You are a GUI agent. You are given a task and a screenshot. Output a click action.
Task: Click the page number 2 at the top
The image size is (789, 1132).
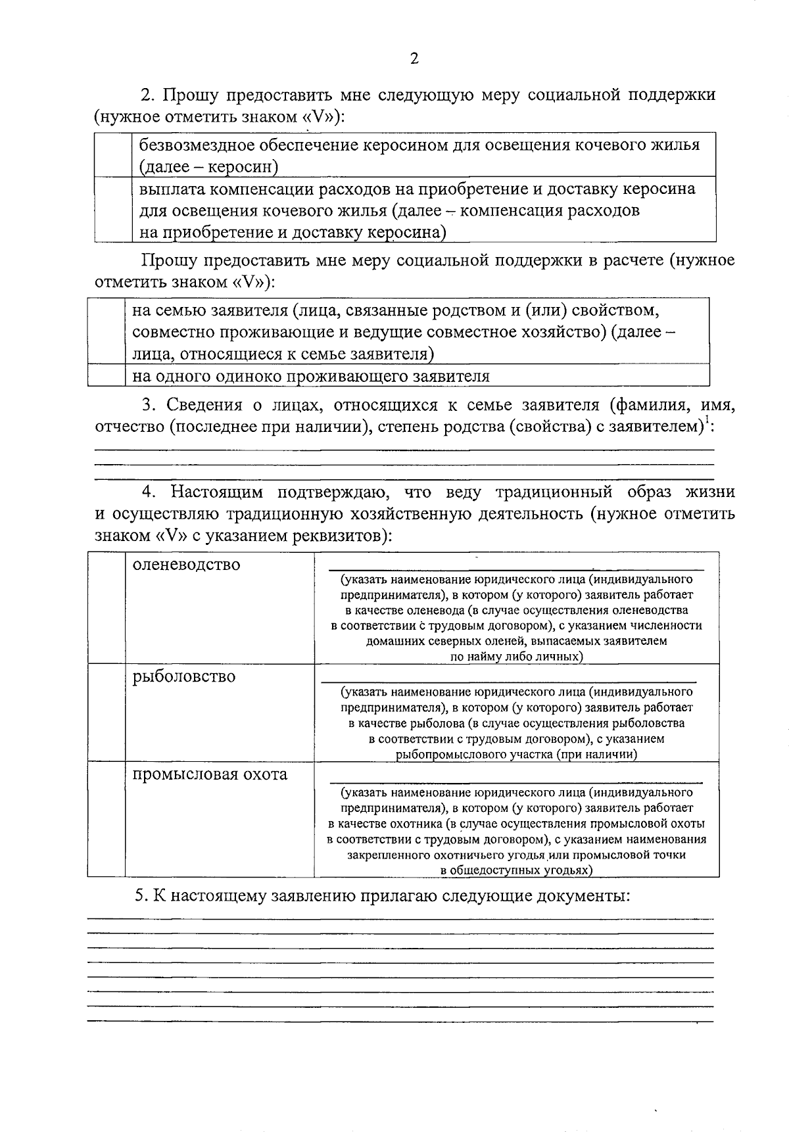point(414,59)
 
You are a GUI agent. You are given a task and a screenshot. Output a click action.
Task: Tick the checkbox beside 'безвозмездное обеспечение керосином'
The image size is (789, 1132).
point(112,155)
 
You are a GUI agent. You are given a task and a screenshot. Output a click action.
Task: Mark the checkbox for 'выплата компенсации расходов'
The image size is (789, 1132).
point(112,210)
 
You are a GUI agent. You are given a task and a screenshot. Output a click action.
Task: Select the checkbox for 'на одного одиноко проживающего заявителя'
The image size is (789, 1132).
point(106,376)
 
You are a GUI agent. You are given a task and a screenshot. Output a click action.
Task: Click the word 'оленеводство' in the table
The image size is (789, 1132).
point(186,565)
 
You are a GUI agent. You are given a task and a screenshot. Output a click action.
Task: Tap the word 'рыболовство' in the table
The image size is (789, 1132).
point(183,676)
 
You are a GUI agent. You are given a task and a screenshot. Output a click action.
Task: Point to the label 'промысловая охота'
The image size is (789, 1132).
point(210,774)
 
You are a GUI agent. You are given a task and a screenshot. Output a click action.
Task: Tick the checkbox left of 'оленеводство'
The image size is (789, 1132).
point(106,608)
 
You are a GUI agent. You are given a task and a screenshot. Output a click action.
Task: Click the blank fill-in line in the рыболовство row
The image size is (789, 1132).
point(508,681)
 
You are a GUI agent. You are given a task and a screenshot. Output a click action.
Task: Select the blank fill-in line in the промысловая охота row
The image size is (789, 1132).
point(515,781)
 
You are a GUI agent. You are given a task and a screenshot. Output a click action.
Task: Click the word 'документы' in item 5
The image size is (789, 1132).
point(583,896)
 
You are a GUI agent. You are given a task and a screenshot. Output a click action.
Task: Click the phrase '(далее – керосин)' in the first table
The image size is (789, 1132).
point(208,167)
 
